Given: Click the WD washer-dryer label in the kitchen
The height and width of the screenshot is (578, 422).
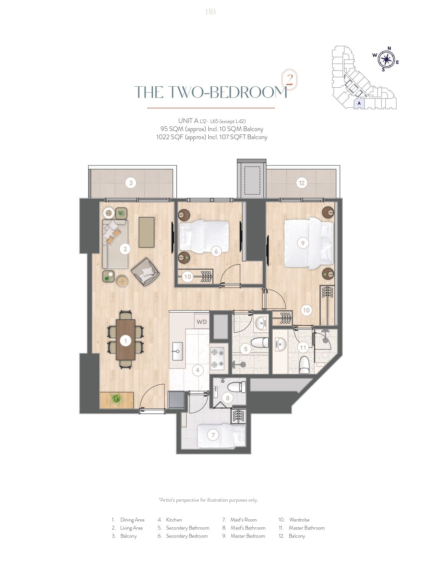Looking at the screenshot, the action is [202, 322].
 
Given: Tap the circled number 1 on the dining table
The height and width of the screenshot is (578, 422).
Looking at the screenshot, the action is [126, 341].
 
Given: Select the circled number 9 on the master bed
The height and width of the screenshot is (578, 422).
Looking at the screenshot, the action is [303, 243].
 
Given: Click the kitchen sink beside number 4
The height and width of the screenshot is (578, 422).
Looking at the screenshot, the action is [177, 351].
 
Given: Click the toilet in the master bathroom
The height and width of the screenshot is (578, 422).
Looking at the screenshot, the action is [304, 365].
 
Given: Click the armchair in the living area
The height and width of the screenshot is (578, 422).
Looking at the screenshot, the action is [145, 272].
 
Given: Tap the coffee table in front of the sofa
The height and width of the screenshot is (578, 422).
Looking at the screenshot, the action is [147, 232].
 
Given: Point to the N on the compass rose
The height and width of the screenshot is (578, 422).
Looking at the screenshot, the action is [389, 48].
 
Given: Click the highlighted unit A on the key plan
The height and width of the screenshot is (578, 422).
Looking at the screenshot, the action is [359, 103].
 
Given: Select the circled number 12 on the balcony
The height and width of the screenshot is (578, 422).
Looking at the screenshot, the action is [302, 183].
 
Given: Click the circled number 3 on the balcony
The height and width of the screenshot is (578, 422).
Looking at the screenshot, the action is [131, 183].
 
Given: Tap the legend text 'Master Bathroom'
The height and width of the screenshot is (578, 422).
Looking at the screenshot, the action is [306, 528].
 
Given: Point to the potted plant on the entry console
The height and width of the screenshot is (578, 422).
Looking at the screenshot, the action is [116, 398].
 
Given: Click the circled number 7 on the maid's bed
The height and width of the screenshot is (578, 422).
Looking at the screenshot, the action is [213, 435].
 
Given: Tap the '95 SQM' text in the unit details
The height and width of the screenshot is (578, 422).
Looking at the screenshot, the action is [172, 129].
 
